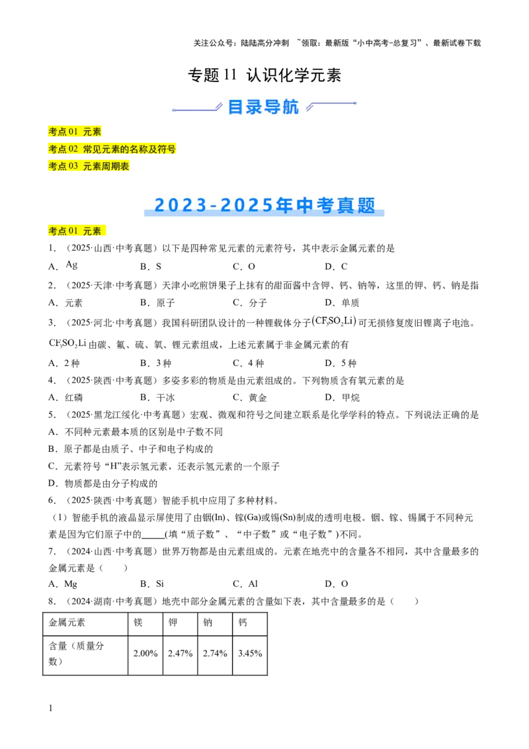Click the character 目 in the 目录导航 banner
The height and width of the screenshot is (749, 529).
tap(236, 107)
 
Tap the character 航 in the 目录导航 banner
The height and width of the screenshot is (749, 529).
tap(290, 107)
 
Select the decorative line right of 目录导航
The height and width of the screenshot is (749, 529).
tap(332, 105)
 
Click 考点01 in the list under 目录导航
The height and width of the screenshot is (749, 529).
tap(63, 132)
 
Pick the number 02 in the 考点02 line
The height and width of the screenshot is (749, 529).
tap(73, 149)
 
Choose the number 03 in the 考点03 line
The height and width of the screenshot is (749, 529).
tap(73, 166)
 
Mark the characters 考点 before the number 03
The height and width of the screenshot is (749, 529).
tap(58, 167)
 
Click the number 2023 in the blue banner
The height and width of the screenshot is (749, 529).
tap(177, 206)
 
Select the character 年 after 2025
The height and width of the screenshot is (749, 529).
tap(285, 206)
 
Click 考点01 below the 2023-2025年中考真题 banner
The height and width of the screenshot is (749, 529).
tap(63, 231)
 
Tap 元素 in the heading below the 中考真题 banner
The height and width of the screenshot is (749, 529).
tap(92, 231)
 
